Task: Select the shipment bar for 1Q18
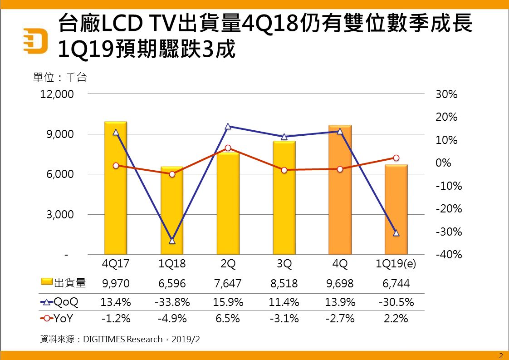(172, 213)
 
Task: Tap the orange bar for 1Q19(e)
(396, 213)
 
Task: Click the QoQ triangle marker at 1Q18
(172, 241)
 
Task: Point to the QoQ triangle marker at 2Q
(228, 127)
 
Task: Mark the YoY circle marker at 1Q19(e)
(396, 158)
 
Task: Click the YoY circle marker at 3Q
(284, 170)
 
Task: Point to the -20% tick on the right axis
(447, 209)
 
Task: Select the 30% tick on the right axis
(447, 95)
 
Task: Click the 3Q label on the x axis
(284, 264)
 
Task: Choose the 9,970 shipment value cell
(116, 284)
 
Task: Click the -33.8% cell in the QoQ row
(172, 301)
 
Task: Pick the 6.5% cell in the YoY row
(228, 319)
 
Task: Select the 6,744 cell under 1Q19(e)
(396, 284)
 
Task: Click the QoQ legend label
(66, 301)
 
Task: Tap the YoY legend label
(64, 319)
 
